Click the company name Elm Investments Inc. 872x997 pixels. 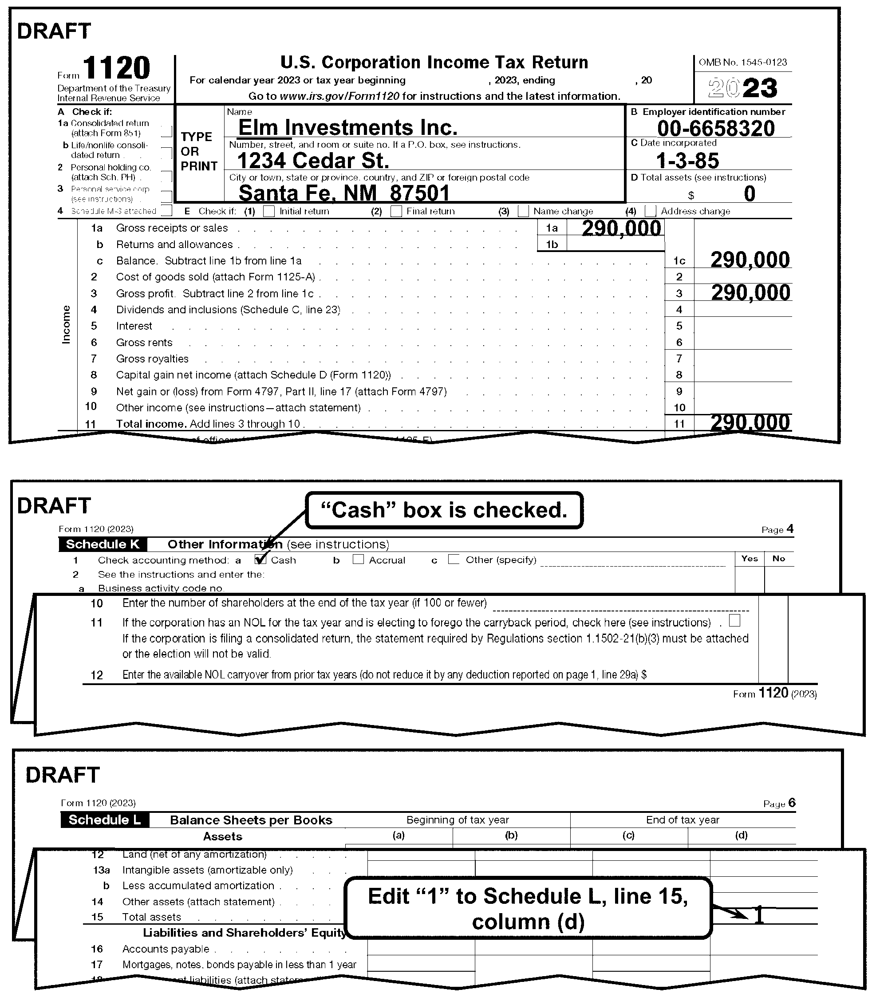point(347,127)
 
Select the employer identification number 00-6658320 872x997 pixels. point(715,129)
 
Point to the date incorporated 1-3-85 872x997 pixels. point(687,161)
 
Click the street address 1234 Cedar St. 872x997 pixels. point(313,161)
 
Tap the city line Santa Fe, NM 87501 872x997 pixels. point(343,193)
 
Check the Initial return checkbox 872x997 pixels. point(268,211)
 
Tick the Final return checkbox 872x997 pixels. point(396,211)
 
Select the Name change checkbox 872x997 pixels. point(523,211)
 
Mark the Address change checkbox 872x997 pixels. point(650,211)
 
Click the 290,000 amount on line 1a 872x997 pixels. point(621,228)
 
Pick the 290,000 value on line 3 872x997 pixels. point(750,293)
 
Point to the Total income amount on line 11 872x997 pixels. point(750,422)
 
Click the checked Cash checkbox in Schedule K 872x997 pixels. point(261,560)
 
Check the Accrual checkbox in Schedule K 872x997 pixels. point(358,559)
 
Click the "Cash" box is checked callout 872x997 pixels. point(444,510)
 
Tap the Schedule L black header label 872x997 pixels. point(105,820)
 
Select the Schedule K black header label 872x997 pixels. point(103,544)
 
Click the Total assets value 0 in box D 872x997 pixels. point(750,193)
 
